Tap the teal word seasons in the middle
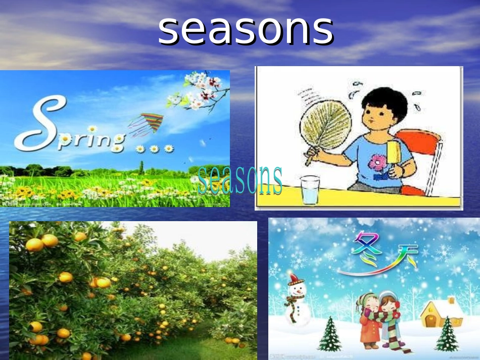(240, 180)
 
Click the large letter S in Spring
(43, 124)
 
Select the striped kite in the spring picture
(147, 124)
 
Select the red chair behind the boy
(422, 151)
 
